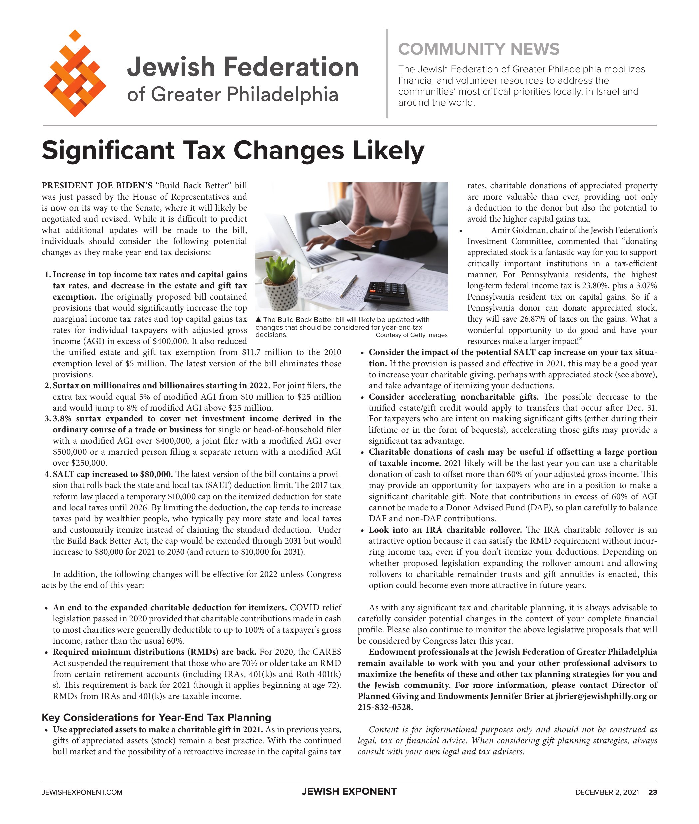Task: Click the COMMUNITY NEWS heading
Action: (478, 49)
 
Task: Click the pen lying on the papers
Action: (349, 286)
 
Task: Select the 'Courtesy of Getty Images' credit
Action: (411, 335)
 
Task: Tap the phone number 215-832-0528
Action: (385, 707)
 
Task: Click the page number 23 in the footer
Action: (652, 792)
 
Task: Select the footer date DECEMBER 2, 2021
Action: (607, 792)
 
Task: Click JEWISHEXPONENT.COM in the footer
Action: (82, 792)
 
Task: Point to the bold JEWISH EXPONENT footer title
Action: (349, 791)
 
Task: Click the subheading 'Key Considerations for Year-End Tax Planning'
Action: (156, 717)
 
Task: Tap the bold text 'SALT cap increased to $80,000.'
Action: (113, 474)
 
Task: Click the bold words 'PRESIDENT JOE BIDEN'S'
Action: (97, 186)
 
